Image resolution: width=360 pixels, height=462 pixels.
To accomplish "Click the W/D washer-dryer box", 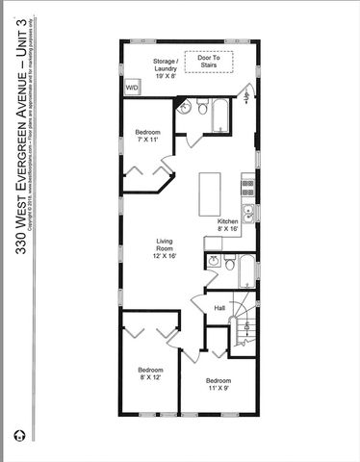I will coord(132,88).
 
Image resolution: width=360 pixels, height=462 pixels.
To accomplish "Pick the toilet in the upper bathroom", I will coord(201,110).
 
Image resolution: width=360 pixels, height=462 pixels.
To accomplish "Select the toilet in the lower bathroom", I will coord(231,263).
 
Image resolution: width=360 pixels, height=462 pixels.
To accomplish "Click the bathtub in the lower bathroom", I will coord(246,270).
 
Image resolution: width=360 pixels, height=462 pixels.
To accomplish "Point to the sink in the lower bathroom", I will coord(214,261).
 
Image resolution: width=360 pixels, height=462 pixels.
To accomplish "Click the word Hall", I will coord(219,308).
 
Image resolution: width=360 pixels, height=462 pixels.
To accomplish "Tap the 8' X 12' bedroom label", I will coord(149,374).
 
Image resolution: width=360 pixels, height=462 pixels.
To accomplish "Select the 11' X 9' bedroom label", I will coord(218,384).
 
